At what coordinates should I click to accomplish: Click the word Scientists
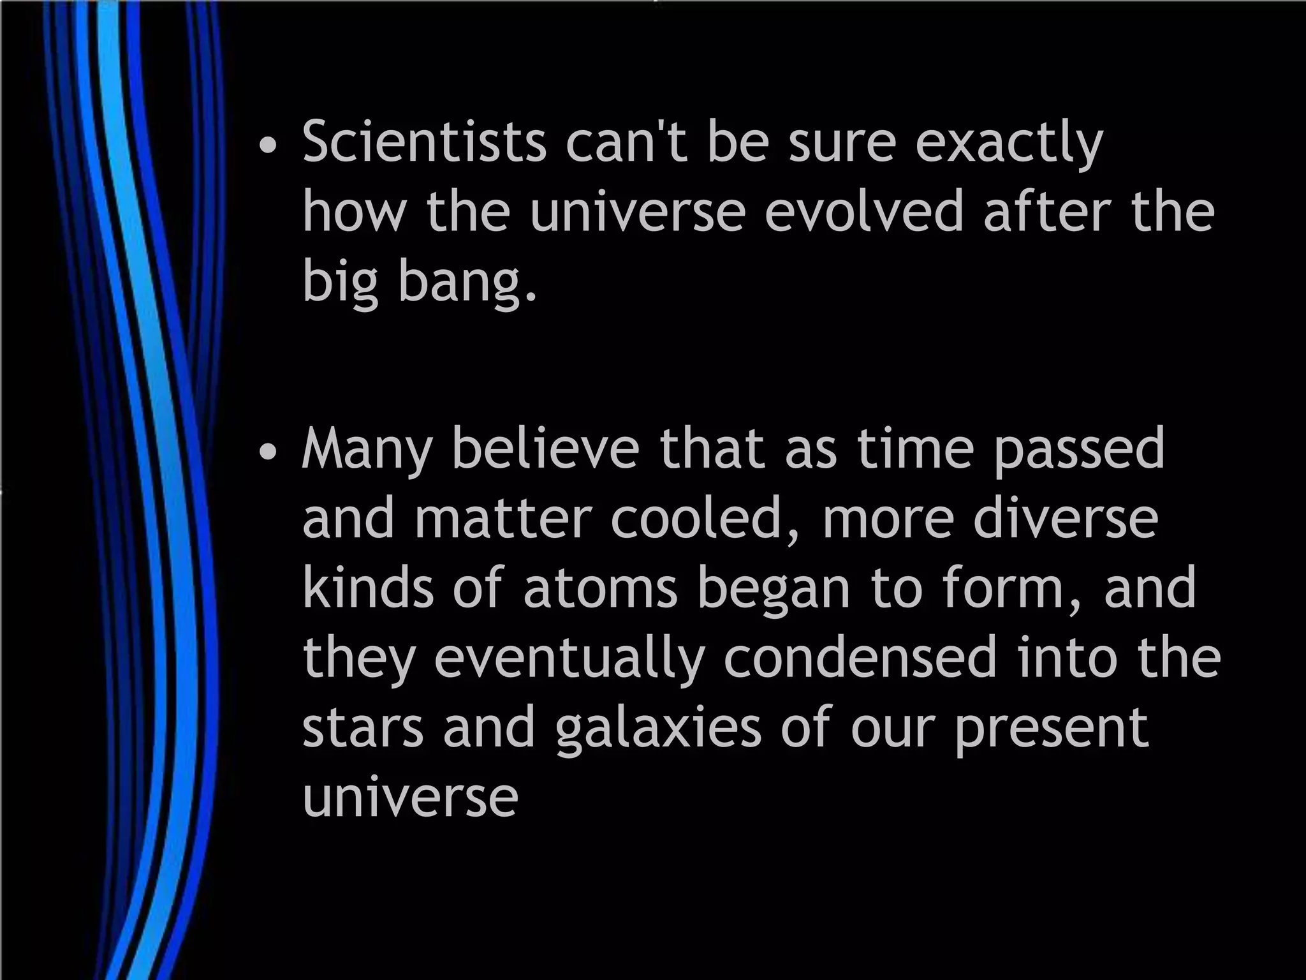[x=424, y=142]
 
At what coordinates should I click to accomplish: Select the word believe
[x=545, y=448]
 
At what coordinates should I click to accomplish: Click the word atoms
[x=600, y=588]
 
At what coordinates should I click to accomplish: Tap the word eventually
[x=569, y=660]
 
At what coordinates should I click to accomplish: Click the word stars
[x=363, y=729]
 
